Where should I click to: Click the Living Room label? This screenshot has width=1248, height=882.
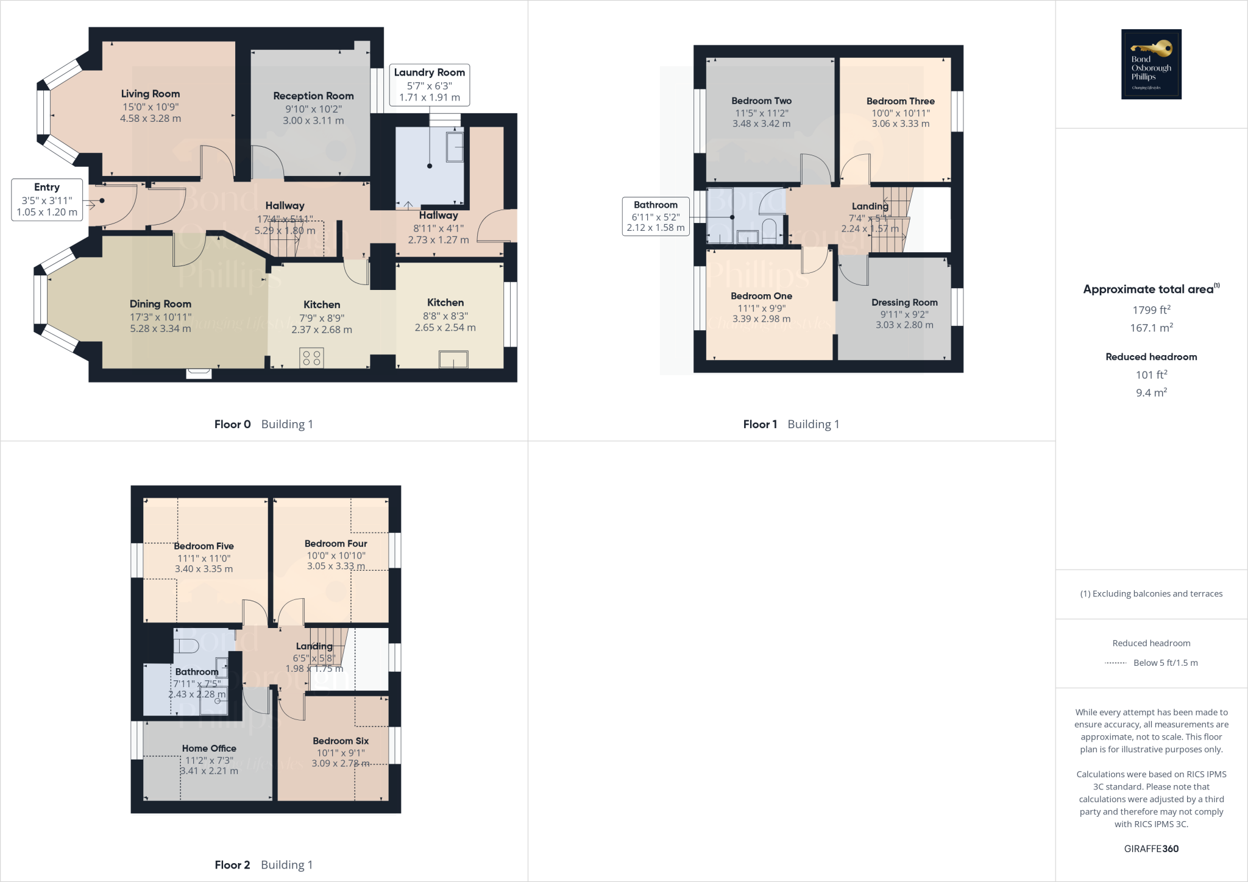tap(151, 94)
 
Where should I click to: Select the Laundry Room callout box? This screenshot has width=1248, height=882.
tap(430, 85)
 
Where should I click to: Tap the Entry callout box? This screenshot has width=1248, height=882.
tap(47, 199)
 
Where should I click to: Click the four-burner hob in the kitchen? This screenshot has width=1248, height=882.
tap(311, 358)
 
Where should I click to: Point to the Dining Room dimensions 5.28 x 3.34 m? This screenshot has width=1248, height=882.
tap(160, 329)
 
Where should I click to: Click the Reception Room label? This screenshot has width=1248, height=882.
tap(313, 96)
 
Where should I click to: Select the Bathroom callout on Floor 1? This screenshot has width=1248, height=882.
tap(656, 216)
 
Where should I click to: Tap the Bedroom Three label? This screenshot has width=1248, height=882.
tap(900, 101)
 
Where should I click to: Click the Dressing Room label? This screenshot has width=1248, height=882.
tap(904, 303)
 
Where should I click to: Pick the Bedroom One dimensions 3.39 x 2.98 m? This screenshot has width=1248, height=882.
tap(761, 319)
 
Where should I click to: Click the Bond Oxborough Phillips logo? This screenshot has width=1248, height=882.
tap(1151, 64)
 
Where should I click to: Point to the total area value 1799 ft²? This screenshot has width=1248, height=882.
tap(1151, 310)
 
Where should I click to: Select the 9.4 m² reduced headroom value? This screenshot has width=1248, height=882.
tap(1151, 393)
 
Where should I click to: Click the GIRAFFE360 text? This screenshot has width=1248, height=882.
tap(1151, 848)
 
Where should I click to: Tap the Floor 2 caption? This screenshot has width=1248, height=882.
tap(232, 865)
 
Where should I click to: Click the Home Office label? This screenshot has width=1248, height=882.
tap(209, 749)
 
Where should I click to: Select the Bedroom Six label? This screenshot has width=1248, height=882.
tap(341, 741)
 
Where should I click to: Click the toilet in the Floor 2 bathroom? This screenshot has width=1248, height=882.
tap(186, 646)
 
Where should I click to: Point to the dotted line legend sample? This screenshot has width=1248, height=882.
tap(1115, 663)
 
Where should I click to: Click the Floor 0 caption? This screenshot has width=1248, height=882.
tap(232, 425)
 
